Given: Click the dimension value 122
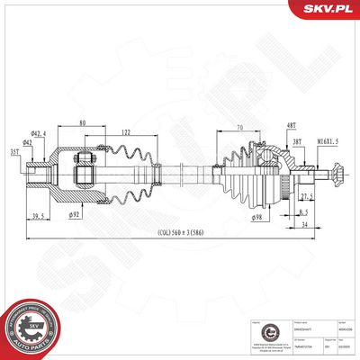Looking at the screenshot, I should point(125,131).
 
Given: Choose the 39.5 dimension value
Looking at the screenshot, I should point(39,217).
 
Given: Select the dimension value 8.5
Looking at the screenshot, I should point(304,212).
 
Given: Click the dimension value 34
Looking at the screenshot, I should point(304,226).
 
